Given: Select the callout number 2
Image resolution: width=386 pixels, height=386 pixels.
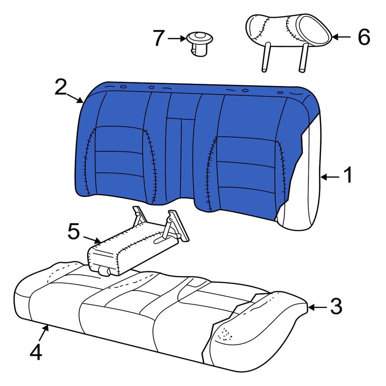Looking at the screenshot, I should (x=61, y=88).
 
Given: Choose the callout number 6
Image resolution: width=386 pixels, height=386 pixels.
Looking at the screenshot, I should (x=364, y=37).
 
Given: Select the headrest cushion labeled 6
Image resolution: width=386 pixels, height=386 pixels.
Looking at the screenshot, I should (x=288, y=30).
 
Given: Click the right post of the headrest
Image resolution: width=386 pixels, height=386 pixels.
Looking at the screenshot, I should (x=303, y=58).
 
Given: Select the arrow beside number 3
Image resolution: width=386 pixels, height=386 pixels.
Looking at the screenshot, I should (x=317, y=307).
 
